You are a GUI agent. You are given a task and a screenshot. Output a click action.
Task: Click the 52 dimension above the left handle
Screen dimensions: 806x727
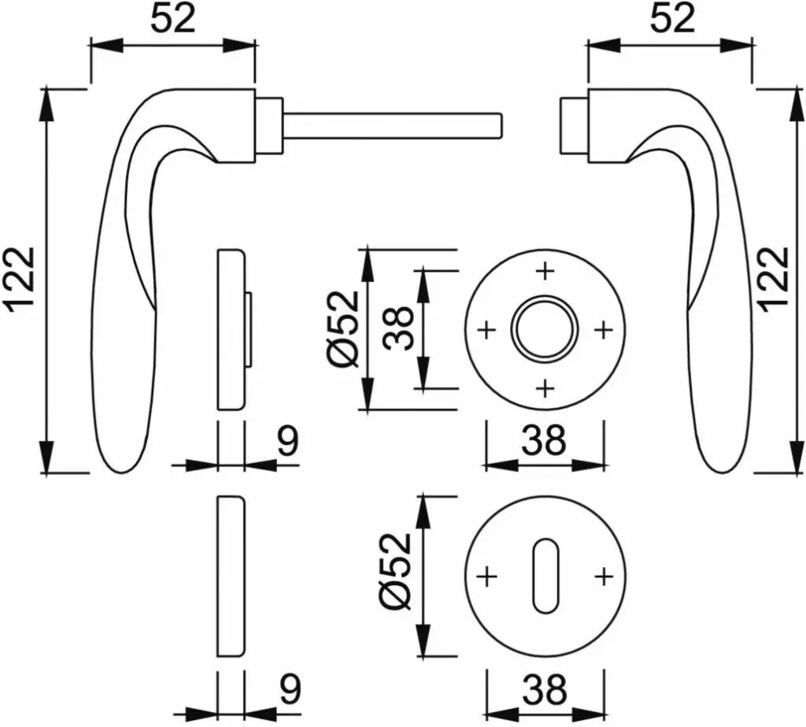pyautogui.click(x=173, y=20)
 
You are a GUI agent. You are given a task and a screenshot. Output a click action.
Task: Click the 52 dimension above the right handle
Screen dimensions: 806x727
pyautogui.click(x=672, y=20)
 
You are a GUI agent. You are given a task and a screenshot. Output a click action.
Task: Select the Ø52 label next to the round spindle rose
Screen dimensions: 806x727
pyautogui.click(x=343, y=329)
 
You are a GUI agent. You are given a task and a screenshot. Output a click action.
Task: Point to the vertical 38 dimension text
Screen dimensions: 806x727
pyautogui.click(x=399, y=328)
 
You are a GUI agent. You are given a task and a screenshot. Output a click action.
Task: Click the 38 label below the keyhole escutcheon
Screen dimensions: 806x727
pyautogui.click(x=545, y=689)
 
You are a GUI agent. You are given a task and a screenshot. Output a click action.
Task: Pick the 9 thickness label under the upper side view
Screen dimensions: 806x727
pyautogui.click(x=288, y=441)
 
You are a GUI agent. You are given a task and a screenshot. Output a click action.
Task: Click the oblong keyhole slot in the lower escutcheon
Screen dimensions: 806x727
pyautogui.click(x=545, y=577)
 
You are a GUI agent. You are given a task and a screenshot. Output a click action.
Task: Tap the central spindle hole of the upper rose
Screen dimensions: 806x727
pyautogui.click(x=545, y=329)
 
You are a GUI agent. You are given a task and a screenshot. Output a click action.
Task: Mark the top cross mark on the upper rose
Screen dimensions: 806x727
pyautogui.click(x=545, y=270)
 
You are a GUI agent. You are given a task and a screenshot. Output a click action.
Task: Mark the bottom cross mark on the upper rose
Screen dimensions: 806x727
pyautogui.click(x=545, y=388)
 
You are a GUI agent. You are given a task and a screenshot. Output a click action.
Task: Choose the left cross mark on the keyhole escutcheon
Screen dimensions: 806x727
pyautogui.click(x=486, y=577)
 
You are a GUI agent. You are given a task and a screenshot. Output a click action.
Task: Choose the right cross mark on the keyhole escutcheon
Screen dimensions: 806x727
pyautogui.click(x=604, y=577)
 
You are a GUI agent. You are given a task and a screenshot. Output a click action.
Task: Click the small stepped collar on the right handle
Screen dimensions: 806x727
pyautogui.click(x=574, y=125)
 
